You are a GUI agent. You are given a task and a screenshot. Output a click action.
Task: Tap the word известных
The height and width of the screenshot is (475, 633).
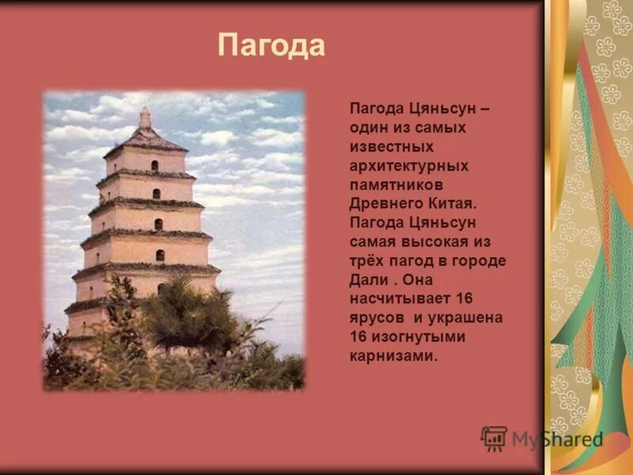click(x=393, y=146)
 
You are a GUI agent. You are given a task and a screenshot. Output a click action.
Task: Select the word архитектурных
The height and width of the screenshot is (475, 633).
click(x=409, y=165)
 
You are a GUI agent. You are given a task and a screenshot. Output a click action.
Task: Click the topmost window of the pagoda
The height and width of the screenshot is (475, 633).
click(x=154, y=165)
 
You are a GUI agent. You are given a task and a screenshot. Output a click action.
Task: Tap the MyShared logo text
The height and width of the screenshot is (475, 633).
click(x=557, y=439)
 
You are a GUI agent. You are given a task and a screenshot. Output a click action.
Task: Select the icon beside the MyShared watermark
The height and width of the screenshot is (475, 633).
click(x=495, y=438)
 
